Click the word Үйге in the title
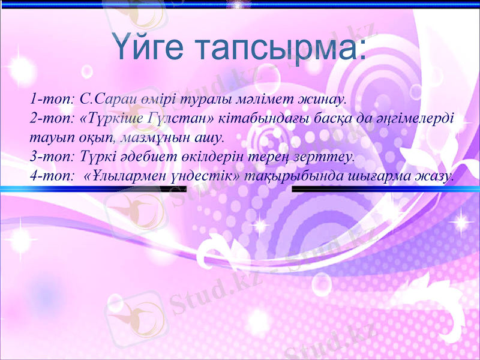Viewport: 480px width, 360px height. [148, 47]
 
